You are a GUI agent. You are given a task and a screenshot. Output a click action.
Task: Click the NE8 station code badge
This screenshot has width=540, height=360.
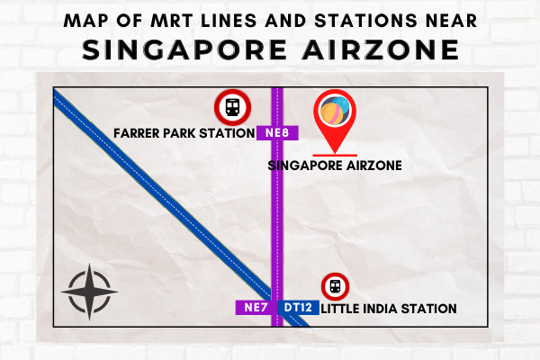[277, 133]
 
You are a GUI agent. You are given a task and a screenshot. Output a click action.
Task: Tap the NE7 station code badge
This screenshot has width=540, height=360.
[256, 307]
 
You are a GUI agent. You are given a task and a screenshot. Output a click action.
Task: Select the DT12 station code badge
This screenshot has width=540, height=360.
[298, 307]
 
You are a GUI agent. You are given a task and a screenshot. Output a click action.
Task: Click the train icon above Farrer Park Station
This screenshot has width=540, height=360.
[232, 107]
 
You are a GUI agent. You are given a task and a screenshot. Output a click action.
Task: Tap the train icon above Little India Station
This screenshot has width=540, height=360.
[335, 286]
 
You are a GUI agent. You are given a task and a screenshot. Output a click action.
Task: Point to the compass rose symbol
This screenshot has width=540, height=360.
[89, 292]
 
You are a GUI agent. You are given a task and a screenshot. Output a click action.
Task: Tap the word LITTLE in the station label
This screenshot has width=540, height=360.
[340, 309]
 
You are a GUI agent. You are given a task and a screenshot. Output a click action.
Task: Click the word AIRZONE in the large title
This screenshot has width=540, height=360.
[381, 49]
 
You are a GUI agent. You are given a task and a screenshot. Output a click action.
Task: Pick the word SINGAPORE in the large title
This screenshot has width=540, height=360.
[184, 49]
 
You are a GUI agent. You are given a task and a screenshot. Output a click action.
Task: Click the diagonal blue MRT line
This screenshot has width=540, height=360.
[182, 208]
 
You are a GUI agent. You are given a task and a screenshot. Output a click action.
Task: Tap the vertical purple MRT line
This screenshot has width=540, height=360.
[277, 207]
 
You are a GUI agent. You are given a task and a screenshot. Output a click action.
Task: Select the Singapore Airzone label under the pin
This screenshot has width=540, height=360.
[335, 166]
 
